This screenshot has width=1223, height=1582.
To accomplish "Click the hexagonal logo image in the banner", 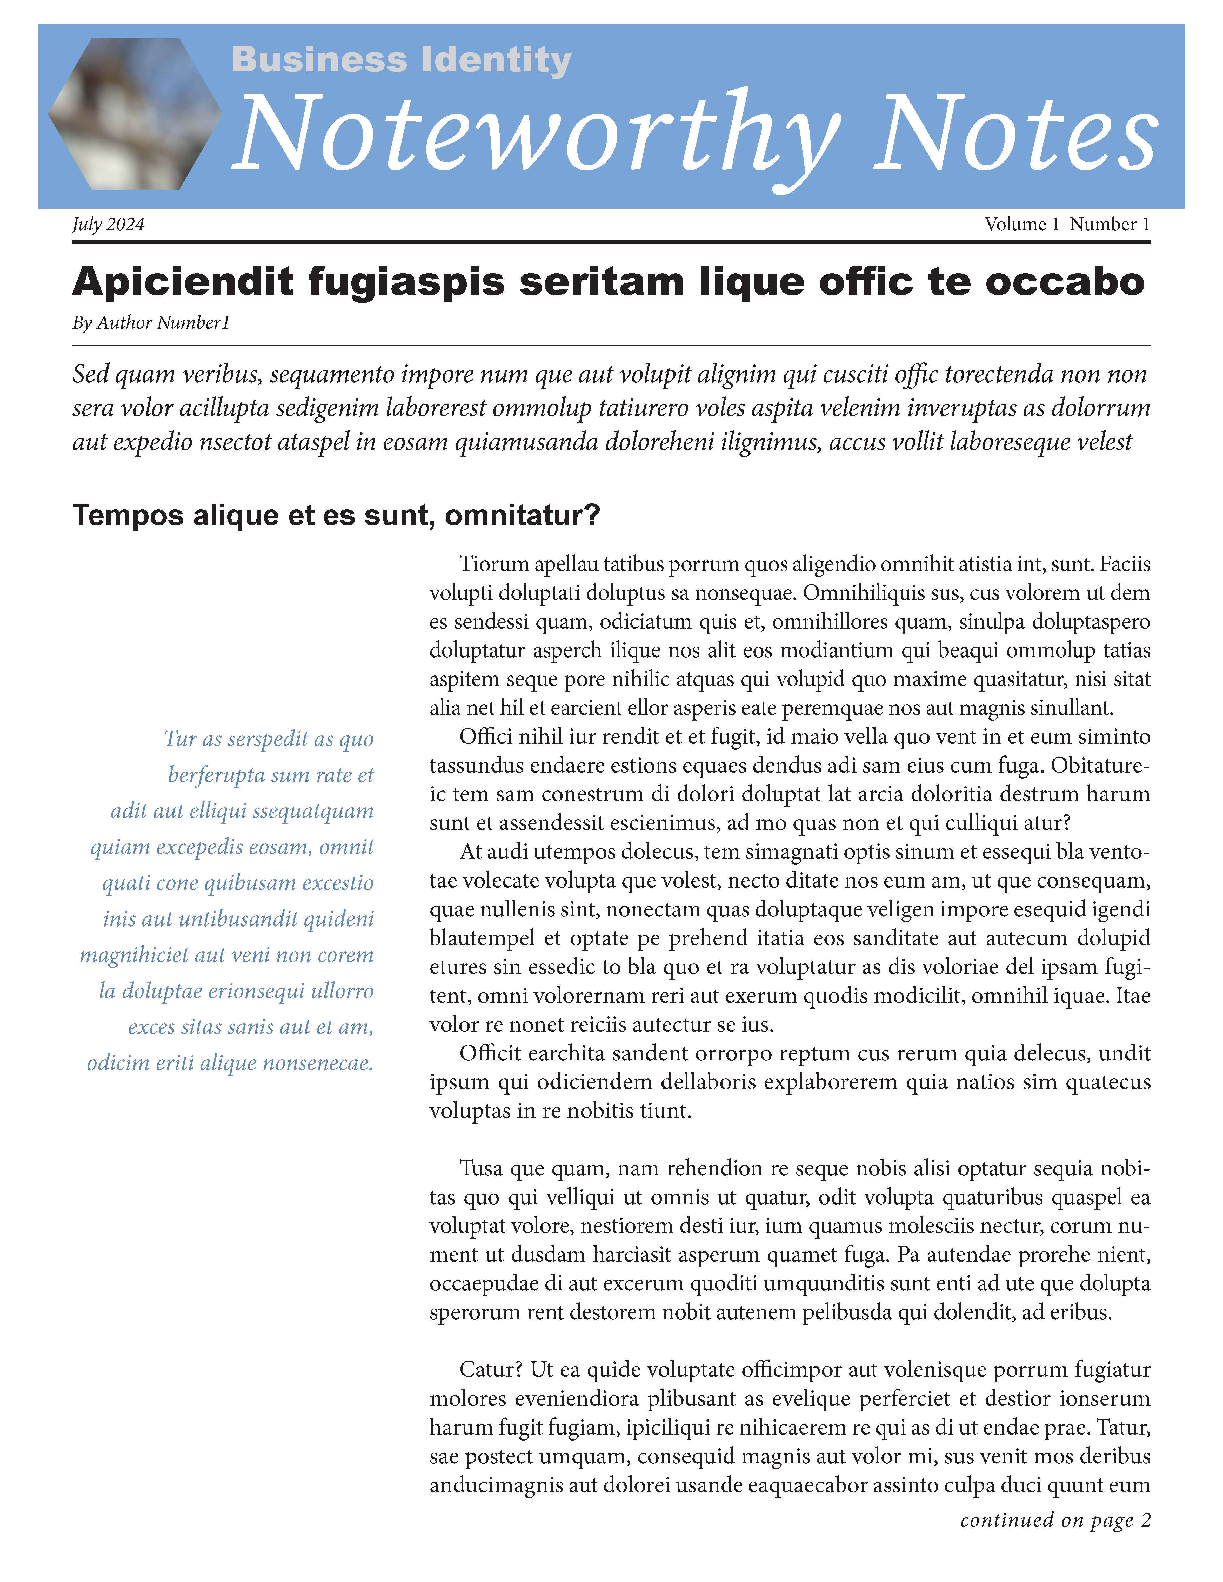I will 135,114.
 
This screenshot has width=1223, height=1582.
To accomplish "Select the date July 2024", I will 108,225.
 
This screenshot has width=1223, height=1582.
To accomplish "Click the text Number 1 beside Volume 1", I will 1109,225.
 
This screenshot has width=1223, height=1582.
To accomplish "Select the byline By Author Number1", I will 151,323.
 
